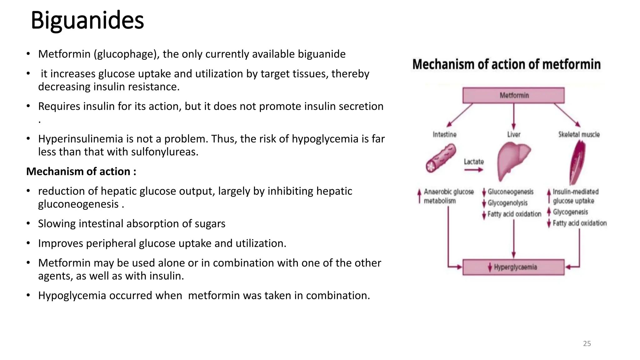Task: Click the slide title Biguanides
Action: click(x=87, y=21)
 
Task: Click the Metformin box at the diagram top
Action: click(x=513, y=95)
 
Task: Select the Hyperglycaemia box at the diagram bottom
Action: click(x=513, y=267)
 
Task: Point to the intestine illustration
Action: click(x=441, y=158)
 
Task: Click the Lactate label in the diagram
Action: click(x=473, y=162)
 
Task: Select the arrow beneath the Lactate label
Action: click(x=473, y=170)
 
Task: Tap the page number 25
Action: click(x=587, y=343)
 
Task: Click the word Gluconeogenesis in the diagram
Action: click(x=511, y=192)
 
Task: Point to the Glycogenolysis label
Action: click(x=507, y=203)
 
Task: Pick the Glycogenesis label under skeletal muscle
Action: click(x=570, y=212)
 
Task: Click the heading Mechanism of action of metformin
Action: click(x=506, y=64)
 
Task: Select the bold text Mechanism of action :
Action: click(x=81, y=172)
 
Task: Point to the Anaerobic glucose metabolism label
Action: click(x=448, y=196)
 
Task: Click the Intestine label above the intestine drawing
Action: click(x=444, y=134)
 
